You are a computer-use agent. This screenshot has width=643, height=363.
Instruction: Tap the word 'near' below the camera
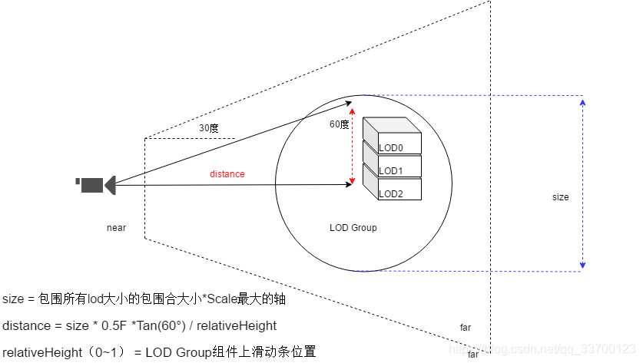[117, 228]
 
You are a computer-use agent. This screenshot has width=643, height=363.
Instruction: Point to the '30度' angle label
[209, 128]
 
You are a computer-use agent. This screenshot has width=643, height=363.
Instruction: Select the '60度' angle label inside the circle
[339, 124]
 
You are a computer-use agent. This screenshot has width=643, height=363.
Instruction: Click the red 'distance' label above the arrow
[227, 174]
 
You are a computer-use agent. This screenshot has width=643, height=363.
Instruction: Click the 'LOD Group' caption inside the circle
[353, 228]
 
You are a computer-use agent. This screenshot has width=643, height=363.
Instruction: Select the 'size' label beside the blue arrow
[561, 197]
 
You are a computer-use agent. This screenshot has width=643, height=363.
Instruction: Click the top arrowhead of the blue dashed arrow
[582, 101]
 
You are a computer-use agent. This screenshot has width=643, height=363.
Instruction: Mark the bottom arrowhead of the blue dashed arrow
[582, 266]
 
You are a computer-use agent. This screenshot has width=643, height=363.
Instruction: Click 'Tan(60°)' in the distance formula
[161, 325]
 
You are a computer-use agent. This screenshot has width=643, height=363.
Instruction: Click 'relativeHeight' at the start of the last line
[39, 352]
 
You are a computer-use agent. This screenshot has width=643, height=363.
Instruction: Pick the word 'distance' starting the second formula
[25, 325]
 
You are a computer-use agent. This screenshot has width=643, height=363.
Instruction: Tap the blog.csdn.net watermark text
[553, 349]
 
